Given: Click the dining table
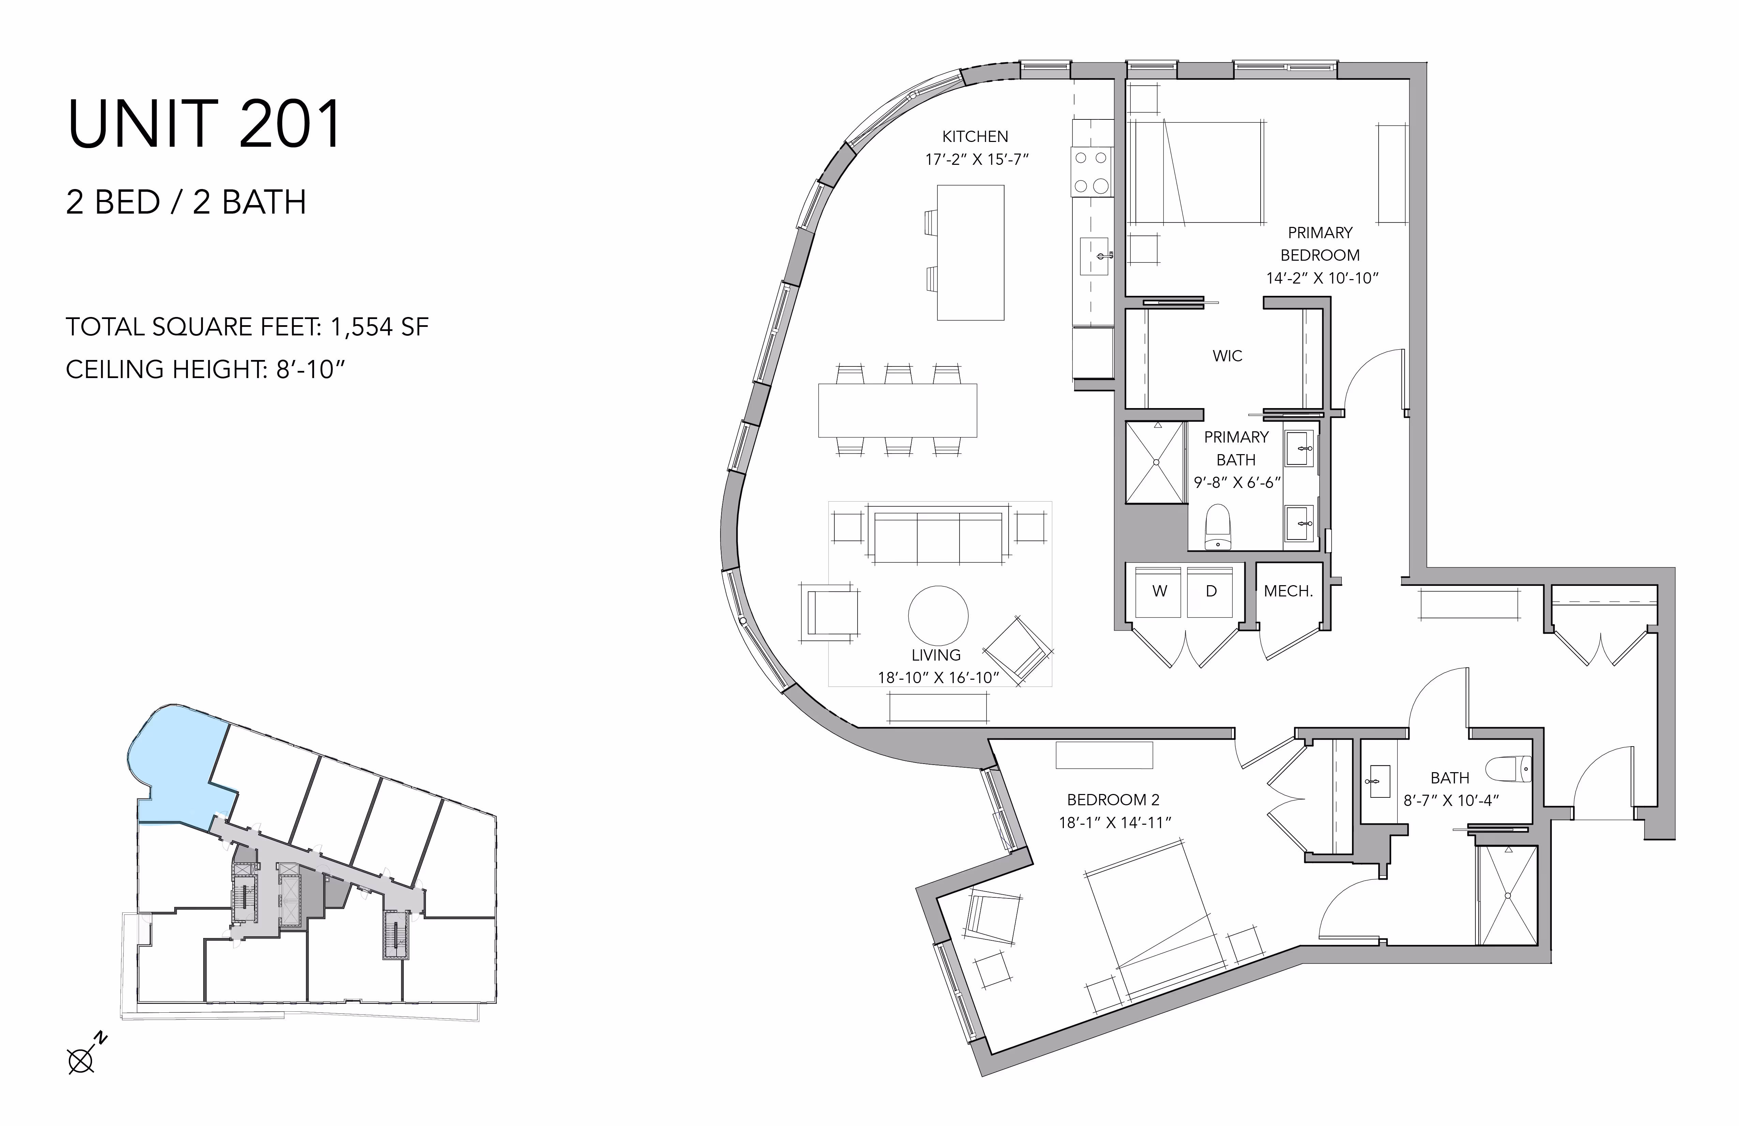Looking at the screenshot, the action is pos(897,410).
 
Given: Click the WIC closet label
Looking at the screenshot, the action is pos(1228,356).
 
